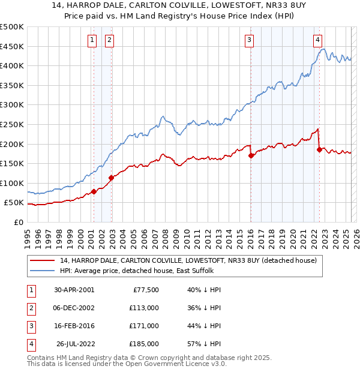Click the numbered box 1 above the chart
point(92,40)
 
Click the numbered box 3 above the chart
point(249,40)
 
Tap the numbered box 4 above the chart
point(317,40)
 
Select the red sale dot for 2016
point(251,155)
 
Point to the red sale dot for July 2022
point(319,149)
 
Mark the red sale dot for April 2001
point(94,192)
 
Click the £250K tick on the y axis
point(12,124)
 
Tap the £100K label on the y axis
point(12,183)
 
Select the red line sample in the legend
point(43,260)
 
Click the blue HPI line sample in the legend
point(43,271)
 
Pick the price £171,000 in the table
point(145,326)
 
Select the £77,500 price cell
point(145,290)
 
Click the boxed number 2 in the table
point(31,308)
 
